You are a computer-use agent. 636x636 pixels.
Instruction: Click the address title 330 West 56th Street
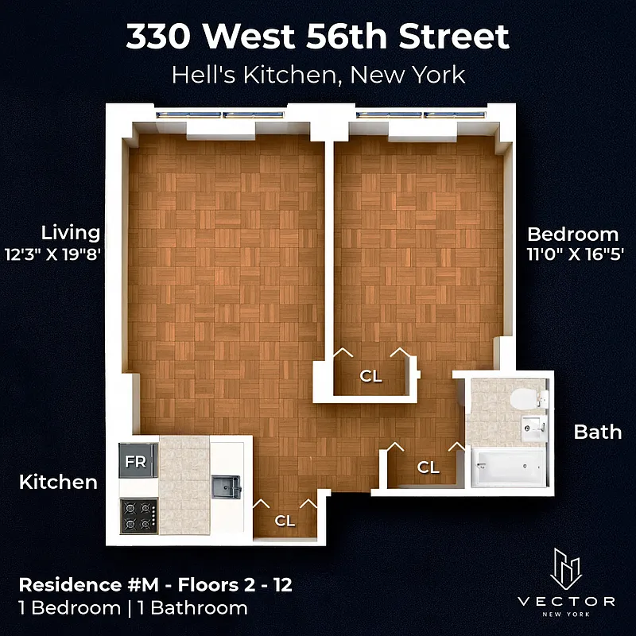318,37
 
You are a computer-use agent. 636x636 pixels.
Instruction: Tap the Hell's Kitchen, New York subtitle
318,76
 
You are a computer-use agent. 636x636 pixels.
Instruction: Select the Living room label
71,232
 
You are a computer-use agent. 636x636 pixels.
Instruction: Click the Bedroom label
572,234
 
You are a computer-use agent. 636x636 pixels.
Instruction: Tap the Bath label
598,432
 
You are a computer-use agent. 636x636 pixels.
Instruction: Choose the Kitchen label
58,481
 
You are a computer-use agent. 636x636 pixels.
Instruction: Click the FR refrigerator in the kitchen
136,462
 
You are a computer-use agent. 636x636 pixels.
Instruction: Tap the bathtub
508,467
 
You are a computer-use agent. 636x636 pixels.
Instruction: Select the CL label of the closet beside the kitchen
285,521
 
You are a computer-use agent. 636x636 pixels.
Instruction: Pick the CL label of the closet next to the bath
429,467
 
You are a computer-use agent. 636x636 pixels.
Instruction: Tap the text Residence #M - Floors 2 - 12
155,586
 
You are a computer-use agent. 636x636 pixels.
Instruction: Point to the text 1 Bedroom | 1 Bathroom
132,608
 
